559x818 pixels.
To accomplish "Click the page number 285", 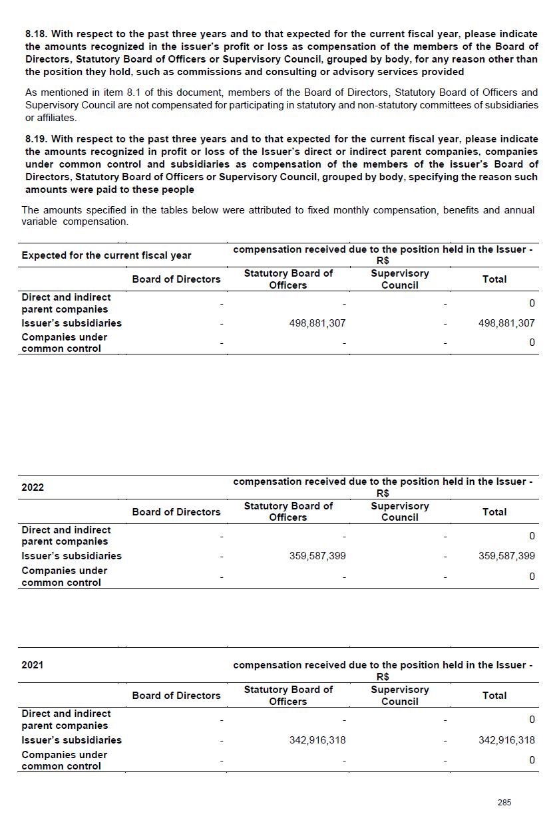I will pyautogui.click(x=504, y=803).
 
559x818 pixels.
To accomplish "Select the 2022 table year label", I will pyautogui.click(x=33, y=487).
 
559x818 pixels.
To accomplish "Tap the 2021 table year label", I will pyautogui.click(x=33, y=664).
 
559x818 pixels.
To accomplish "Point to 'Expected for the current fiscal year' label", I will pyautogui.click(x=106, y=255).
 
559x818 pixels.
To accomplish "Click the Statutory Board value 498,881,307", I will pyautogui.click(x=317, y=323).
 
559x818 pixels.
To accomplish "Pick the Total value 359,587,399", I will pyautogui.click(x=506, y=556).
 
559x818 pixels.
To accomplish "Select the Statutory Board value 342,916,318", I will pyautogui.click(x=317, y=740).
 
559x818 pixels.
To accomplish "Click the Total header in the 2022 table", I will pyautogui.click(x=494, y=512).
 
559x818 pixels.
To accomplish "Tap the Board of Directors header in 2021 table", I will pyautogui.click(x=176, y=696).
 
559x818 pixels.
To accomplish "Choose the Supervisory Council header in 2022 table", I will pyautogui.click(x=400, y=511).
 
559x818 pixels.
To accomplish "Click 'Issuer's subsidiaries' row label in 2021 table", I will pyautogui.click(x=71, y=740).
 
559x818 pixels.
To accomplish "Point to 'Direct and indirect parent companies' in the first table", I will pyautogui.click(x=66, y=303).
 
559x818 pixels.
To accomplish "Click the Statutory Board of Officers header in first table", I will pyautogui.click(x=288, y=279).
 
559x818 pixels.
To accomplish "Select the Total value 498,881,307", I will pyautogui.click(x=506, y=323).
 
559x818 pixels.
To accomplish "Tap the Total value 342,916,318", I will pyautogui.click(x=506, y=740).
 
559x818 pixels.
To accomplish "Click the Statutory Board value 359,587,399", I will pyautogui.click(x=317, y=556).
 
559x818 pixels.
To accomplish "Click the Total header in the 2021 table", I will pyautogui.click(x=494, y=696).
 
